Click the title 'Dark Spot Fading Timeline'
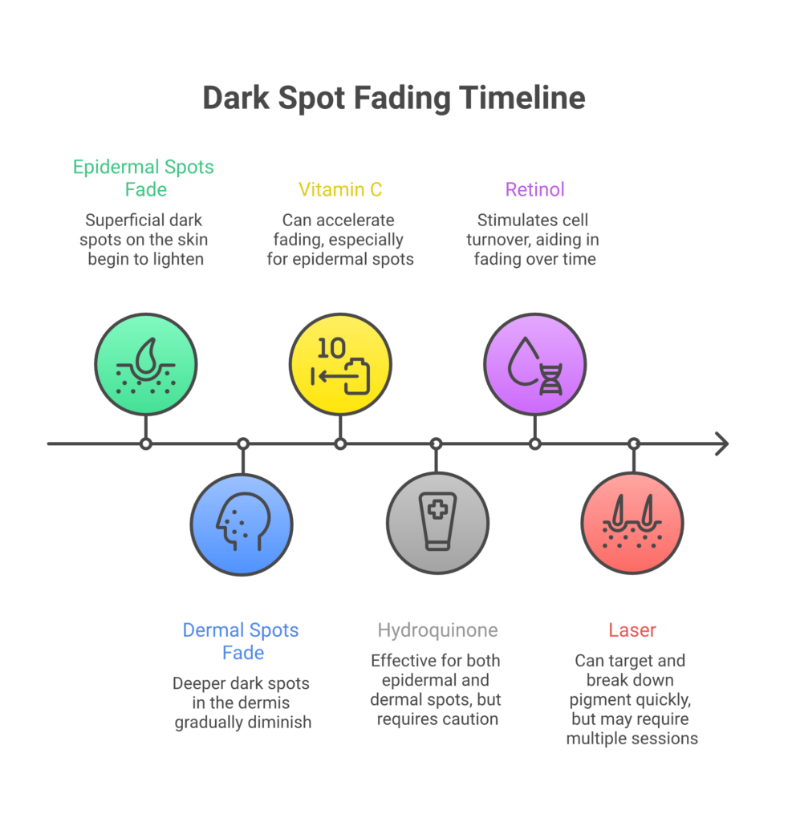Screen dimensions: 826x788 click(x=393, y=98)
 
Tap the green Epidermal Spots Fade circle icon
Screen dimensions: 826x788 click(x=145, y=364)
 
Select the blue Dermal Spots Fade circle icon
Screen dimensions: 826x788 click(x=242, y=524)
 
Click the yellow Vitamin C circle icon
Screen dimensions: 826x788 click(x=340, y=364)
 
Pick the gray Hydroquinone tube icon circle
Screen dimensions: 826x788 click(x=437, y=524)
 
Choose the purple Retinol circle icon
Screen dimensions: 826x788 click(x=534, y=364)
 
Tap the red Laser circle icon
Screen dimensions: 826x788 click(x=632, y=524)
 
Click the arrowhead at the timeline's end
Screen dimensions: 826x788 click(x=721, y=443)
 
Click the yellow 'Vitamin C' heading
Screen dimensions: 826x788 click(x=340, y=190)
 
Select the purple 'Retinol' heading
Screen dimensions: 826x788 click(x=534, y=190)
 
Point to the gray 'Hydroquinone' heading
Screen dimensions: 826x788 click(x=437, y=630)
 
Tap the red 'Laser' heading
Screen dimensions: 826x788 click(x=632, y=630)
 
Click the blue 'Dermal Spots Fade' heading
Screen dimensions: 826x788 click(x=241, y=642)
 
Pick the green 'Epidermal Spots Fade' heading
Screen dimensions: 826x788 click(x=144, y=179)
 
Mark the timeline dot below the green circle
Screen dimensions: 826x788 click(x=145, y=443)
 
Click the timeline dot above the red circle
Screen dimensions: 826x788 click(x=633, y=443)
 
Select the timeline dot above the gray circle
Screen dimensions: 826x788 click(x=436, y=443)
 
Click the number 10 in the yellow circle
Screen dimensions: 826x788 click(x=331, y=347)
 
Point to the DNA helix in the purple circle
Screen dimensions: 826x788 click(x=550, y=379)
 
